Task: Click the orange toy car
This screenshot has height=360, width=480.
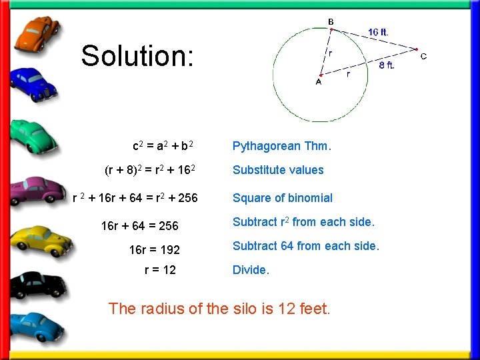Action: (37, 34)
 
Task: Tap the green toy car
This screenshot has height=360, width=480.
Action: (35, 133)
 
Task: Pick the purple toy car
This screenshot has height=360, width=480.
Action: (37, 191)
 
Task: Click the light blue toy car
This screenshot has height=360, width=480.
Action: (37, 326)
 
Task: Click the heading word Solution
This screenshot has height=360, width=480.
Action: (137, 56)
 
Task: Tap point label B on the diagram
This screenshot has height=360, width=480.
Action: (331, 22)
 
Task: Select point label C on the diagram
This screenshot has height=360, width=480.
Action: (423, 56)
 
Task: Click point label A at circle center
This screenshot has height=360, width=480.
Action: (318, 82)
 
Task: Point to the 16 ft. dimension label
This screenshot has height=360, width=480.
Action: (378, 31)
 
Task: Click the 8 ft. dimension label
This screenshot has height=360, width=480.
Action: (387, 65)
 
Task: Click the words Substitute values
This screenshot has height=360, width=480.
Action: (278, 170)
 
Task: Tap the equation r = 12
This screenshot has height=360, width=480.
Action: (160, 270)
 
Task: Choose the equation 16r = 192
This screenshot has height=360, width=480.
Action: (154, 251)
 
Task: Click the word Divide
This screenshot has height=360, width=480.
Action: (251, 270)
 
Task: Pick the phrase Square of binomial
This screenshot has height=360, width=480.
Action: (282, 198)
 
